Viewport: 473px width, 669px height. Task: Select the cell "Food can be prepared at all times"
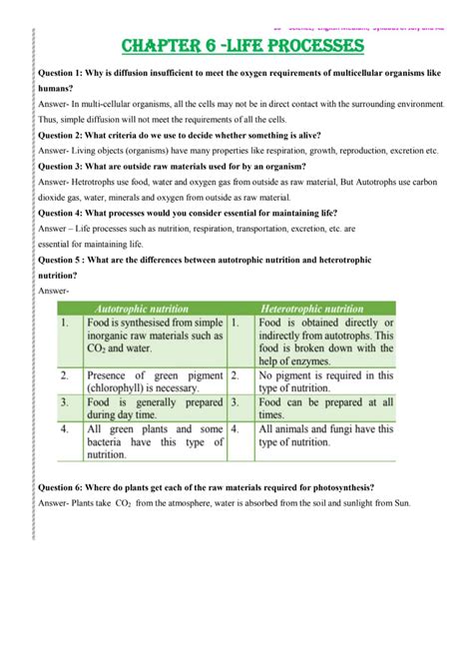[324, 408]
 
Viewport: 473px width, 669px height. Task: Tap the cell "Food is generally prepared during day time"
[143, 408]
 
